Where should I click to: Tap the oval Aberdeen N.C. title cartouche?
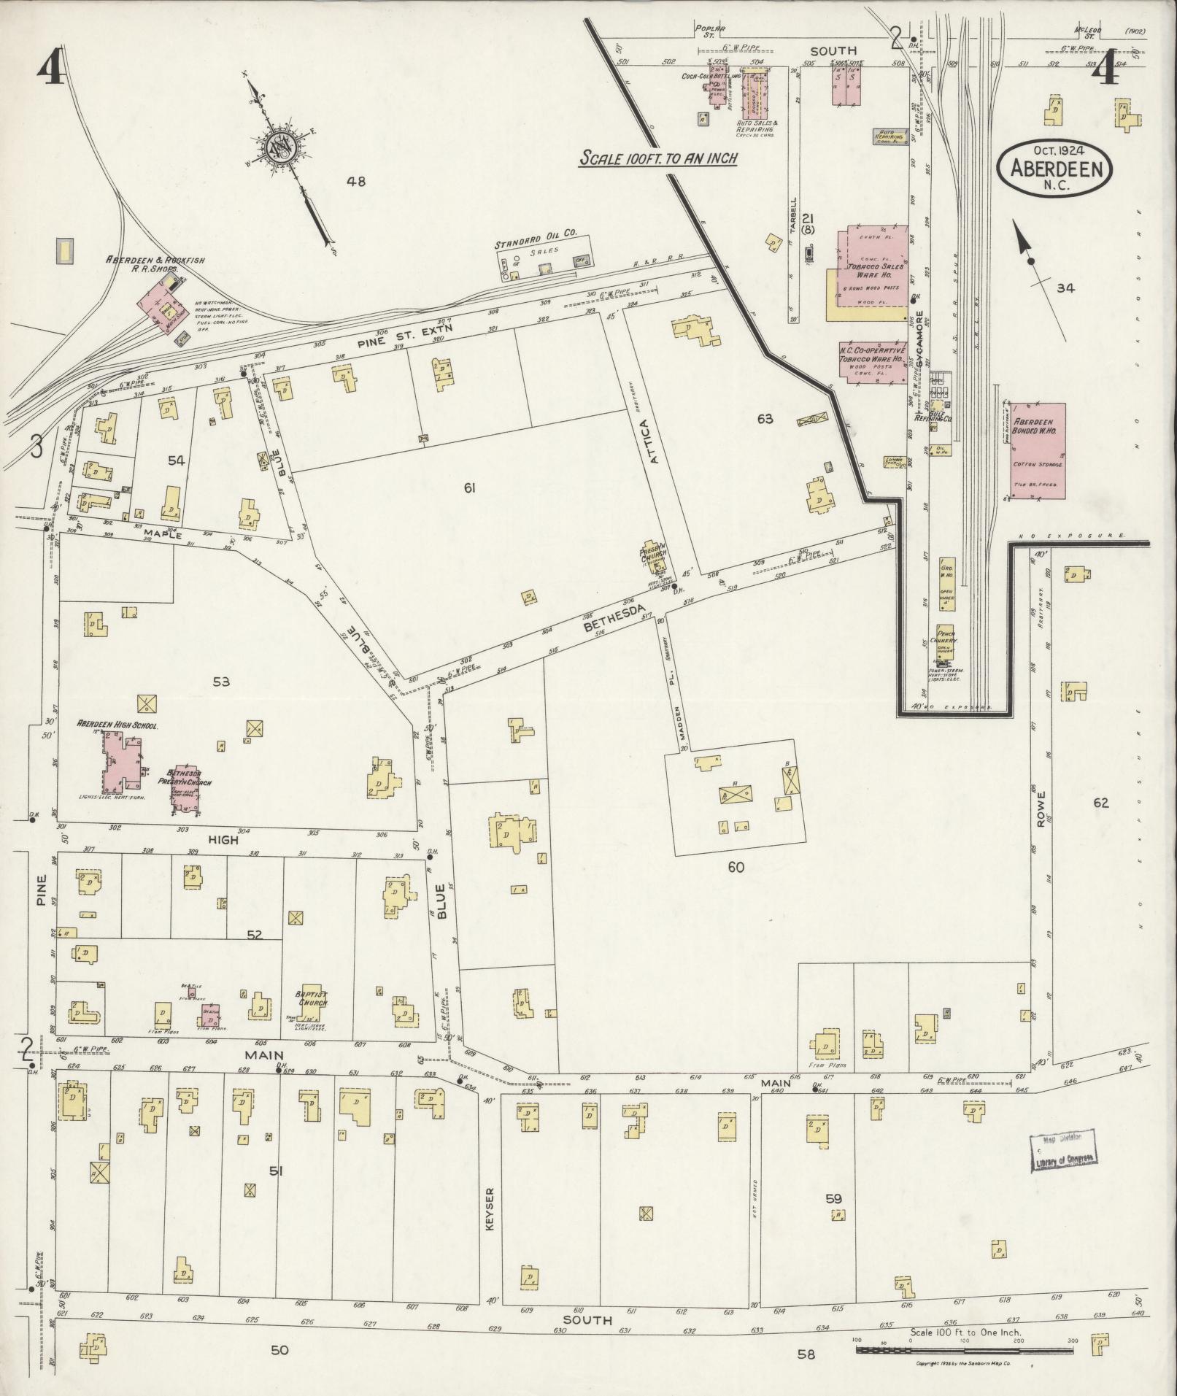pos(1055,169)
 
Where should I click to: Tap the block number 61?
pos(469,487)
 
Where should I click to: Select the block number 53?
pos(221,681)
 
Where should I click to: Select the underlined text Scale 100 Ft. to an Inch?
pos(657,158)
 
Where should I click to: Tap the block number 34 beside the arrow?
pos(1065,288)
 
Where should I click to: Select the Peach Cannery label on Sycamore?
pos(946,637)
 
